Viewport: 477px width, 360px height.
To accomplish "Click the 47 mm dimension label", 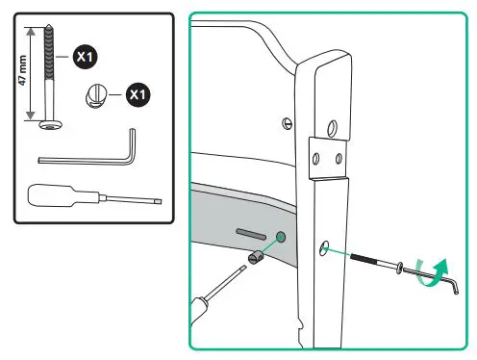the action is coord(22,70).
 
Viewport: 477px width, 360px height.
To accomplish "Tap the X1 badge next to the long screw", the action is coord(85,57).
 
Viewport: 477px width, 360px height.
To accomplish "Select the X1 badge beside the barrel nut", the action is coord(138,94).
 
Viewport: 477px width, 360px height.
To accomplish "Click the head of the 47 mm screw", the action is coord(51,124).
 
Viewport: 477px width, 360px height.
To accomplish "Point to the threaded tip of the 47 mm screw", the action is coord(48,26).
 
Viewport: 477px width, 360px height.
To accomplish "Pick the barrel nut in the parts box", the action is coord(95,96).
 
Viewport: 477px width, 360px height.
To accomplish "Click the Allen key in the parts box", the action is coord(88,154).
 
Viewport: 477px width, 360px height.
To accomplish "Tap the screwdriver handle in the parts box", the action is coord(51,195).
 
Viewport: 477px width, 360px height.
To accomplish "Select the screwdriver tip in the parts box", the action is coord(158,201).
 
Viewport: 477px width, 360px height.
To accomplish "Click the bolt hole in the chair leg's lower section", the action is coord(324,248).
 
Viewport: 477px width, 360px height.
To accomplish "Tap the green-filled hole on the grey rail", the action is coord(281,237).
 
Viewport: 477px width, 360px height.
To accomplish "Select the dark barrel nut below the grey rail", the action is coord(256,258).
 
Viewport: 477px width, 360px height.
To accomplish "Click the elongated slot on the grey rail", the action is coord(251,234).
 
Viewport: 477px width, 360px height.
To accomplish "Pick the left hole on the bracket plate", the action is coord(315,159).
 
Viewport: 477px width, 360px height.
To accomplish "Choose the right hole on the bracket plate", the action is coord(339,158).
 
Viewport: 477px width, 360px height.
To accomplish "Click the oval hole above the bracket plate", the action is coord(333,128).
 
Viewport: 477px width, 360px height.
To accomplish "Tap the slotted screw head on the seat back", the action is coord(288,123).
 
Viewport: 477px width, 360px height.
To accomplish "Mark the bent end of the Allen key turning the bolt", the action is coord(455,287).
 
